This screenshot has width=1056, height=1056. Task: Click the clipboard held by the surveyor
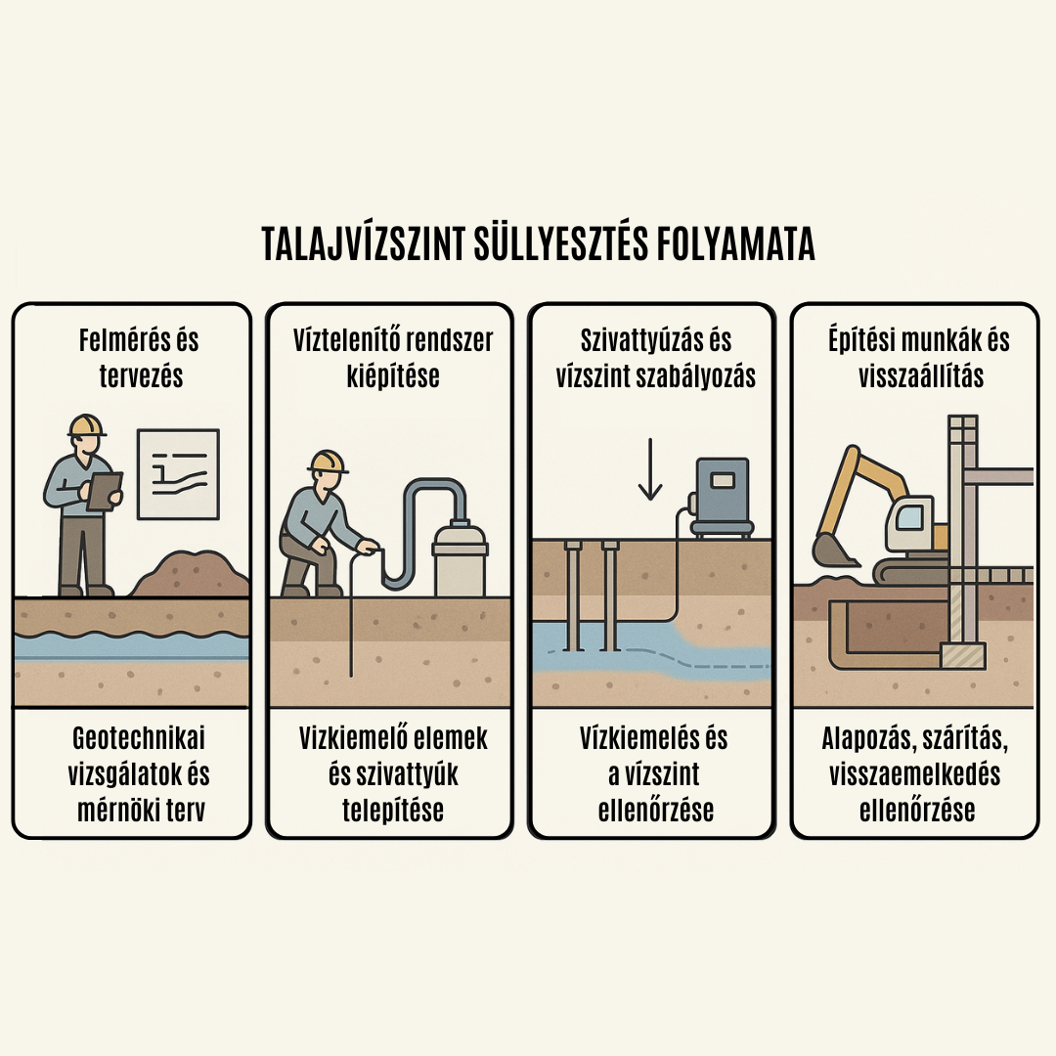pyautogui.click(x=105, y=490)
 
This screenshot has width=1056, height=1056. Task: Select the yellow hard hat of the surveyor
pyautogui.click(x=87, y=425)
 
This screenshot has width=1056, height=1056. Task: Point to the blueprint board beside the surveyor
pyautogui.click(x=178, y=474)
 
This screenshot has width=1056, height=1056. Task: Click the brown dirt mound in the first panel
pyautogui.click(x=191, y=574)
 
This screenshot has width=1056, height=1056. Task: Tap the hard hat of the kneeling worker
pyautogui.click(x=328, y=461)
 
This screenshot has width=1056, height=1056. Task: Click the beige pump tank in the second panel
pyautogui.click(x=460, y=559)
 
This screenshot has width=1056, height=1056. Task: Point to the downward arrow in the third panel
pyautogui.click(x=650, y=468)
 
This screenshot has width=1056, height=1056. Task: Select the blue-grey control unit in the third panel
pyautogui.click(x=722, y=497)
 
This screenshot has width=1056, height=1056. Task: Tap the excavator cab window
pyautogui.click(x=909, y=516)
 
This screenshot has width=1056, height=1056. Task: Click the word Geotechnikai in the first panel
pyautogui.click(x=139, y=739)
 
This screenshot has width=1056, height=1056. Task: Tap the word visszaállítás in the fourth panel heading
pyautogui.click(x=921, y=376)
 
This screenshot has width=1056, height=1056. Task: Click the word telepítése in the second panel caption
pyautogui.click(x=393, y=811)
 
